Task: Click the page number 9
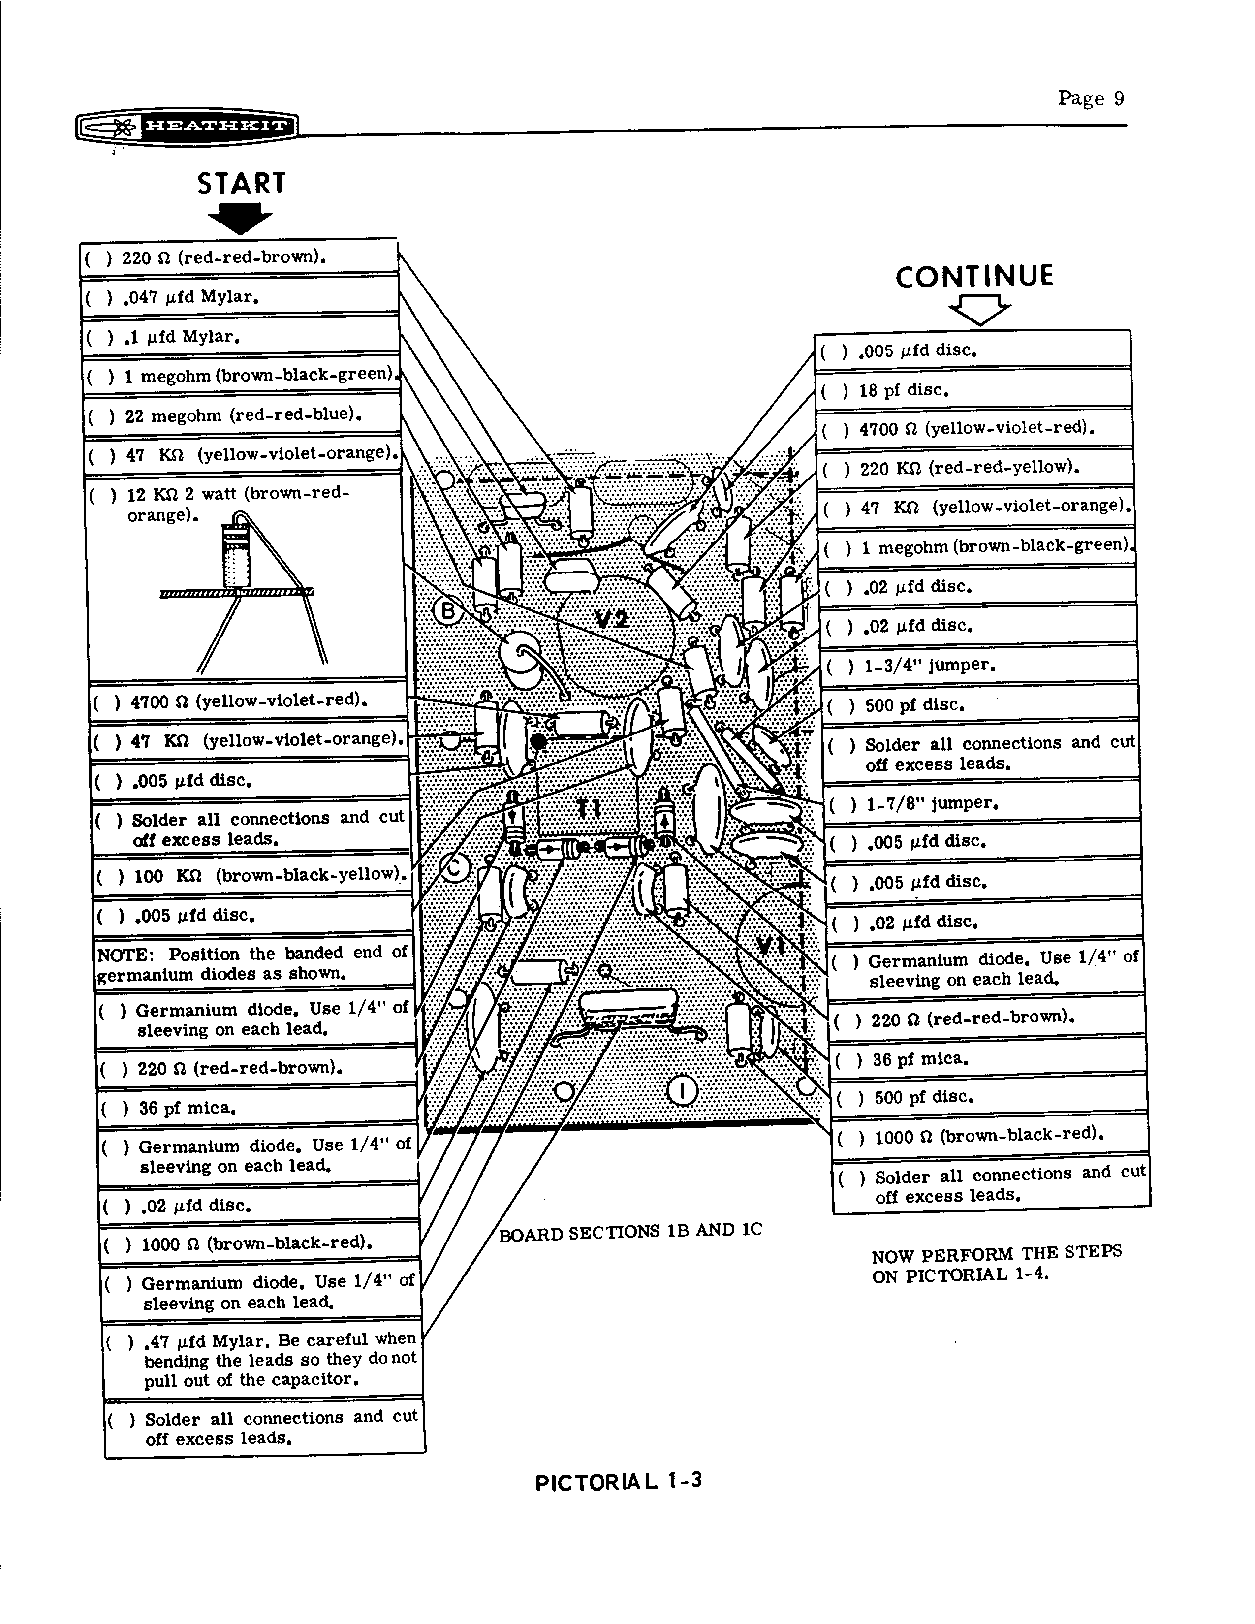[x=1118, y=98]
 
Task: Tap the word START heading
[x=241, y=184]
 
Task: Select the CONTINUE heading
[x=974, y=277]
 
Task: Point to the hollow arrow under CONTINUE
[x=980, y=309]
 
